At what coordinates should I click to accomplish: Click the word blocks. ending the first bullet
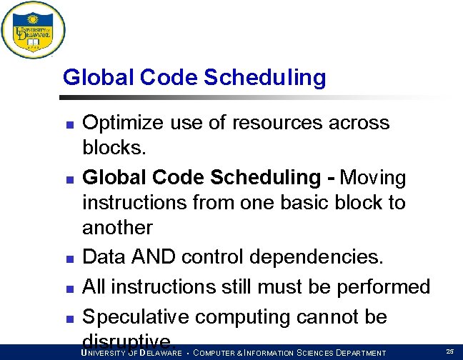(x=114, y=148)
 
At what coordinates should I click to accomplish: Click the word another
(x=117, y=228)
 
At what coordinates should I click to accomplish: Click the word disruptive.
(x=128, y=340)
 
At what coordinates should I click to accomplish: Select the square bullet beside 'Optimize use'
(x=69, y=125)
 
